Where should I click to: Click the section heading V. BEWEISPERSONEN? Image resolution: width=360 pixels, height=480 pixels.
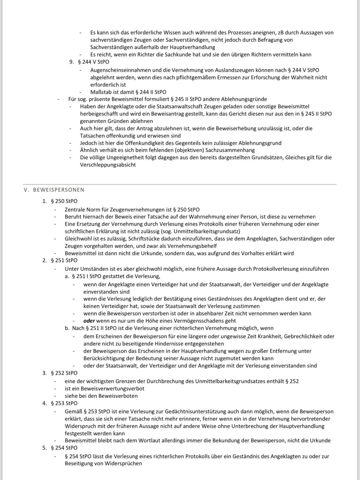coord(54,190)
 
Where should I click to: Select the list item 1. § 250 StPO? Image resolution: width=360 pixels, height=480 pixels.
coord(60,201)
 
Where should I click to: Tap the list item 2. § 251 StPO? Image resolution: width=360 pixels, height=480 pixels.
coord(60,260)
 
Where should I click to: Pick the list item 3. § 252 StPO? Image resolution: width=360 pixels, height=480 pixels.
coord(60,373)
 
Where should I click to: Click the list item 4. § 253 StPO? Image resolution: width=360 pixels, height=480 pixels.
coord(60,403)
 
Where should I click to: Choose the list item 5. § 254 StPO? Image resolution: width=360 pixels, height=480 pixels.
coord(60,448)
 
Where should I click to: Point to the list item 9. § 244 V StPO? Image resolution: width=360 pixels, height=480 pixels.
coord(90,62)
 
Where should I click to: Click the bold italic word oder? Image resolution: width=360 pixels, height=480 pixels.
coord(89,321)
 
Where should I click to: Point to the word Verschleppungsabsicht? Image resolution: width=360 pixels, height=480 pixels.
coord(108,165)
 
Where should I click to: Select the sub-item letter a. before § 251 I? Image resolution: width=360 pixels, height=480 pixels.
coord(67,276)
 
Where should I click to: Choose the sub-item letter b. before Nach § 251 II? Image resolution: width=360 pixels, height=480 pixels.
coord(67,328)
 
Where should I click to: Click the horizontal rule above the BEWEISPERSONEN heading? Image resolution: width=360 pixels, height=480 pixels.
coord(180,184)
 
